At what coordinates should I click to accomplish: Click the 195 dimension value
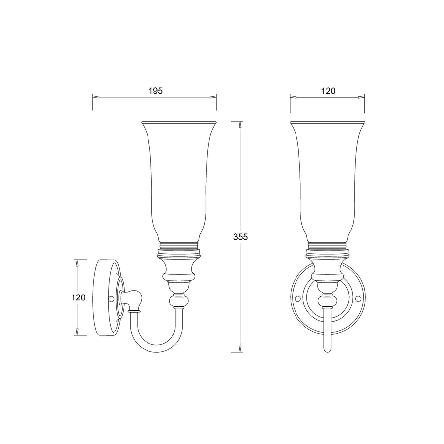click(156, 91)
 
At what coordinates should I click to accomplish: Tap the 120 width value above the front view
click(328, 91)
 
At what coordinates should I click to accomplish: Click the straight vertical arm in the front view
click(327, 329)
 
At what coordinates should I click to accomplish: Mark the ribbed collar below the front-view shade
click(327, 246)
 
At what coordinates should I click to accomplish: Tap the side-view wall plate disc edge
click(99, 299)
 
